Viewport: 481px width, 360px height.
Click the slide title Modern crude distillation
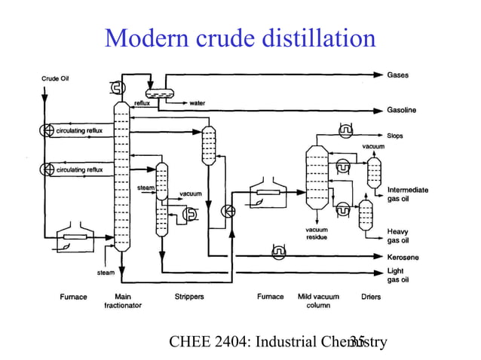click(x=240, y=37)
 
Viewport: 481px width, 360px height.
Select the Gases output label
click(x=399, y=75)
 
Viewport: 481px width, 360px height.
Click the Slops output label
click(x=396, y=136)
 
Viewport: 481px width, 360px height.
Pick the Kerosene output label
click(x=403, y=257)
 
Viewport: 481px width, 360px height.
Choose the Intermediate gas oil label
click(x=408, y=194)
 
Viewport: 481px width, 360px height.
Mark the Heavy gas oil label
click(x=398, y=236)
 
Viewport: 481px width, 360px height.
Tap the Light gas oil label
click(x=398, y=275)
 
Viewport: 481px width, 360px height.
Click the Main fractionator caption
click(x=122, y=301)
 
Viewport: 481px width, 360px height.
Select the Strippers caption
click(x=188, y=297)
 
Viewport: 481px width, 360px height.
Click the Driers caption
click(x=370, y=297)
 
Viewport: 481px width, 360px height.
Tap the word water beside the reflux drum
click(x=198, y=103)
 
